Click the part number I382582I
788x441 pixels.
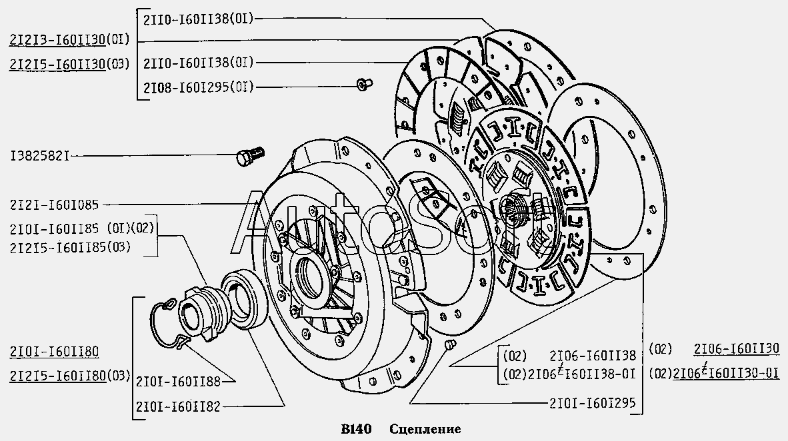tap(39, 156)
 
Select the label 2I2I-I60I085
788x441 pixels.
tap(55, 205)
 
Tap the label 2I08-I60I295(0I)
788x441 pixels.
tap(198, 87)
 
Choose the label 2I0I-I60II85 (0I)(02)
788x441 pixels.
tap(81, 229)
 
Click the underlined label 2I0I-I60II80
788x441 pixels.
tap(55, 352)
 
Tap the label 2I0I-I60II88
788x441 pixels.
tap(177, 381)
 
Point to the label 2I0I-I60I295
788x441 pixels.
tap(593, 403)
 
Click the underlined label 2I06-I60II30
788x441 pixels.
tap(735, 348)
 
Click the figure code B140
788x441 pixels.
tap(357, 428)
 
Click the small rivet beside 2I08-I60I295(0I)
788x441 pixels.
tap(364, 84)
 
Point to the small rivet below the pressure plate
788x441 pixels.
tap(449, 344)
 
